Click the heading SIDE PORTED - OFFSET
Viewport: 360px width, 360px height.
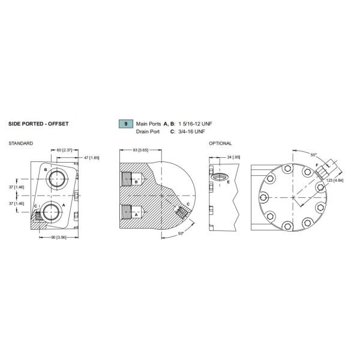tap(38, 124)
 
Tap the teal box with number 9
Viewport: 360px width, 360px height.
tap(125, 124)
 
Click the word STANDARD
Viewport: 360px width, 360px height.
tap(21, 144)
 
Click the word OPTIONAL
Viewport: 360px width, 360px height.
tap(220, 144)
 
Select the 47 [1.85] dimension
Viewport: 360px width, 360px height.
tap(91, 157)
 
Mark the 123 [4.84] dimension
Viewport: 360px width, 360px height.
tap(334, 180)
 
